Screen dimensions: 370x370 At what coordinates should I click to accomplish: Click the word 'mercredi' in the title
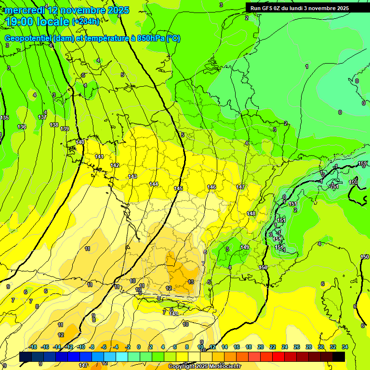click(x=25, y=10)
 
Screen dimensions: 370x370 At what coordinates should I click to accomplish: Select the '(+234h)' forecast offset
click(x=86, y=22)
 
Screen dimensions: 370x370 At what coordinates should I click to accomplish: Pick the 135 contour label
click(x=5, y=118)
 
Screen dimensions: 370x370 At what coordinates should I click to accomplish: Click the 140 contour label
click(x=80, y=142)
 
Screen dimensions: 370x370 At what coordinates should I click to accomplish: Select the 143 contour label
click(x=132, y=177)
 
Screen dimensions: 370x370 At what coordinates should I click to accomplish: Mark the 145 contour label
click(x=178, y=188)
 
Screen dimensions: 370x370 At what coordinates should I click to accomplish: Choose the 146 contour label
click(x=211, y=187)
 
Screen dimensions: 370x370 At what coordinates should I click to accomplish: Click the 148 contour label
click(x=251, y=213)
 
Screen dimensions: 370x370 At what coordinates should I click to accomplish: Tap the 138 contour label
click(x=54, y=125)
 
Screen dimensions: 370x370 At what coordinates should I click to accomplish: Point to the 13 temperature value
click(x=191, y=282)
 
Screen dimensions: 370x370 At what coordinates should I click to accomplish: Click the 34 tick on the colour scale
click(x=345, y=347)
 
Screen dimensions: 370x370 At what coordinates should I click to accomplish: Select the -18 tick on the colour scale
click(x=33, y=347)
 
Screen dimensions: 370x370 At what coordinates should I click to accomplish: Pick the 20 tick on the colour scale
click(x=260, y=347)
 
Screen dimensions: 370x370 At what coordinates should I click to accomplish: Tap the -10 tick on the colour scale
click(x=81, y=347)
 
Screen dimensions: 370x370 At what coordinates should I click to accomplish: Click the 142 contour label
click(x=115, y=165)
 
